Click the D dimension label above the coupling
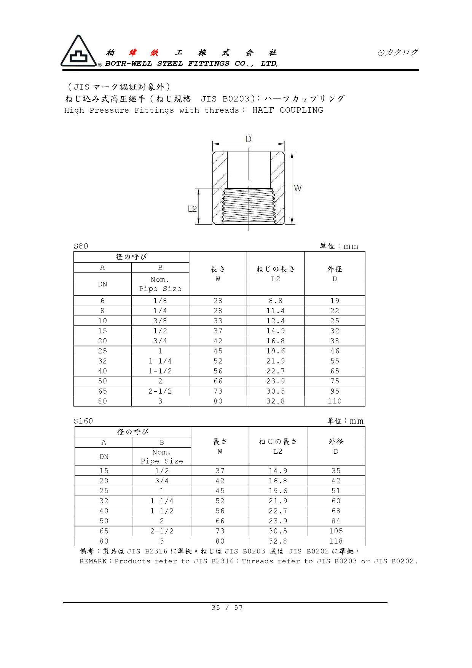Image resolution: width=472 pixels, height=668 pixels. tap(249, 139)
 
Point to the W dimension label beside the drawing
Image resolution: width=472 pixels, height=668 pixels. tap(298, 188)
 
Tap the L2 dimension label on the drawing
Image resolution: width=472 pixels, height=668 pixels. tap(192, 209)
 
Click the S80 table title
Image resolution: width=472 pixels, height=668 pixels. tap(81, 246)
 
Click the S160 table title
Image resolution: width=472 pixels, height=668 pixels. tap(83, 421)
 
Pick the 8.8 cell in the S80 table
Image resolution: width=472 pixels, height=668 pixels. tap(275, 301)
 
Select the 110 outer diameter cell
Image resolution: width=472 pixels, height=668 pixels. tap(335, 401)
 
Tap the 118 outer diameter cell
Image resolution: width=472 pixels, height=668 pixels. tap(336, 541)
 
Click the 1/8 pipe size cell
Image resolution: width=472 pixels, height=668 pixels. tap(160, 301)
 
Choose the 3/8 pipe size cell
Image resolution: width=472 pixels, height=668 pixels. tap(160, 321)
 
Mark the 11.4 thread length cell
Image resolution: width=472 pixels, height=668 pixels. tap(275, 311)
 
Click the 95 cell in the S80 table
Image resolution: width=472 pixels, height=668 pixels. tap(335, 391)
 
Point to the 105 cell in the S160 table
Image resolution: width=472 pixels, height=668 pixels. tap(336, 531)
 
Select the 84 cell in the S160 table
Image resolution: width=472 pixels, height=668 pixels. tap(336, 521)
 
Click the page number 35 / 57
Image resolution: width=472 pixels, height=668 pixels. tap(227, 607)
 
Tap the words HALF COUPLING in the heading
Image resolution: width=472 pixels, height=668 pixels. tap(288, 110)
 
